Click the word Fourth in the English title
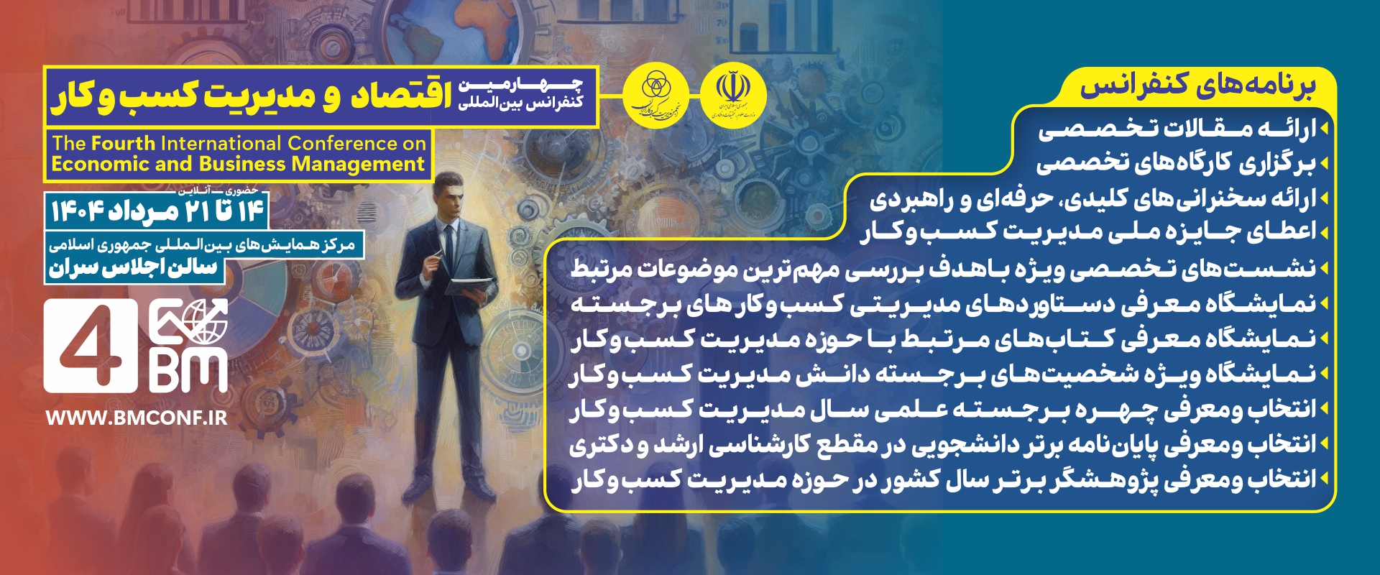coord(123,144)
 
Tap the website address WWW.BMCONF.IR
coord(137,418)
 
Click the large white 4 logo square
coord(91,346)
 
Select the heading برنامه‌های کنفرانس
coord(1197,86)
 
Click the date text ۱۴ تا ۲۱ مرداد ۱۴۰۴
coord(157,211)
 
